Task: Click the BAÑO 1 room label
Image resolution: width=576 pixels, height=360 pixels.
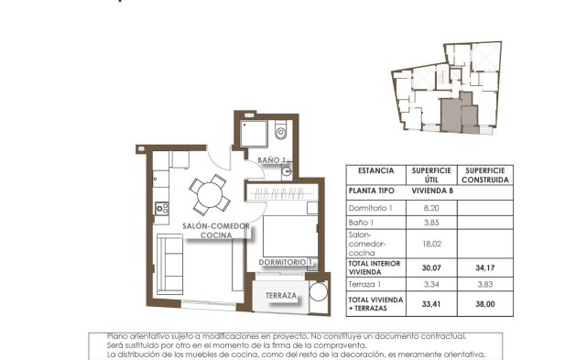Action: (272, 161)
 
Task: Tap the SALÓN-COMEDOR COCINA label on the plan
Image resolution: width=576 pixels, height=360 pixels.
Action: (217, 230)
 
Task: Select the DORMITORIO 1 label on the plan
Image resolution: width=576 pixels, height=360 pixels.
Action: (286, 263)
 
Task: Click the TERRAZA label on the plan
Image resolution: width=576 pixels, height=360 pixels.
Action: (280, 296)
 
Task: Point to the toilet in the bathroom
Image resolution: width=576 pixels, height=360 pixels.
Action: (280, 133)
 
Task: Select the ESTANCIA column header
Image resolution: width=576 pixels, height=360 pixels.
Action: (375, 171)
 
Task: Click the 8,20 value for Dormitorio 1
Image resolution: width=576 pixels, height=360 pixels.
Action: (429, 209)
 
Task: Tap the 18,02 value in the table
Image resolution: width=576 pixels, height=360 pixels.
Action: (429, 245)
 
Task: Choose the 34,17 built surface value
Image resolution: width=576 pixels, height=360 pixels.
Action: (485, 268)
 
